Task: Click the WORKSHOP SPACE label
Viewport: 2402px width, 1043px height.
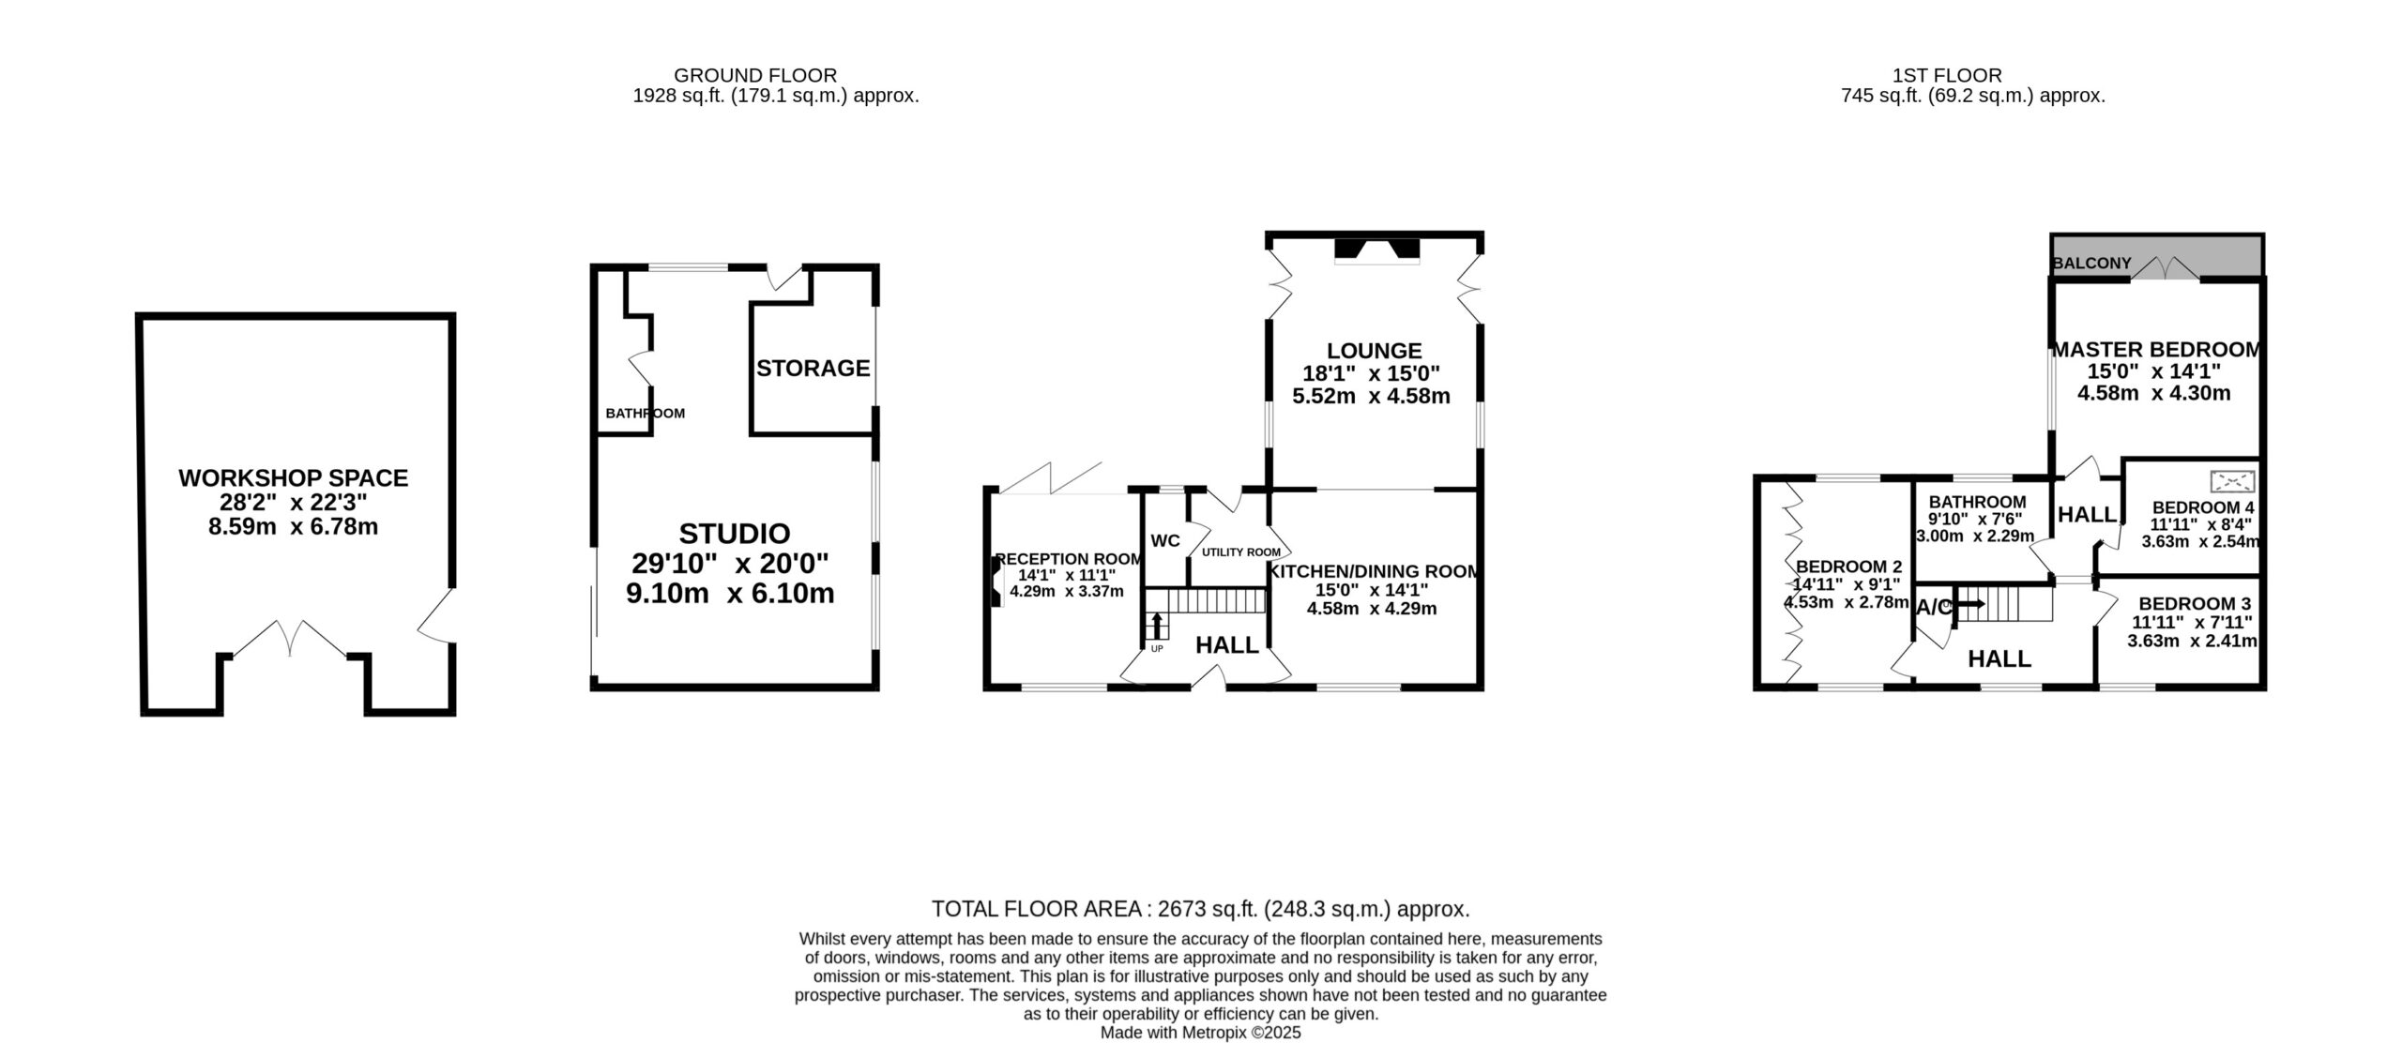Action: [293, 478]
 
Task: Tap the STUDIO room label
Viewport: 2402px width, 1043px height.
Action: [734, 534]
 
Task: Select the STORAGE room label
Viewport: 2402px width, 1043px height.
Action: [813, 369]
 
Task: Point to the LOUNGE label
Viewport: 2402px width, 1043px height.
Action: [1374, 351]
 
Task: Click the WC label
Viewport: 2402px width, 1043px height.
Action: [1164, 541]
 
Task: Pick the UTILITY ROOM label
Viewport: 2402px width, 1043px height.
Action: [1240, 552]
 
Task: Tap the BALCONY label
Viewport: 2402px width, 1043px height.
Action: [2091, 264]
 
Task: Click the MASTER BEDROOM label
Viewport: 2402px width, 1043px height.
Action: [2155, 350]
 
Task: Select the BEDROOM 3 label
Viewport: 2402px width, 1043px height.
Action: [2194, 604]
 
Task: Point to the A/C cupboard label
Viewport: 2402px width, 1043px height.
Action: [1934, 608]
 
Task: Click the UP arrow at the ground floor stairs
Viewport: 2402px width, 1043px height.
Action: [1156, 626]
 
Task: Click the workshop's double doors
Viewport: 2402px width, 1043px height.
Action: [290, 638]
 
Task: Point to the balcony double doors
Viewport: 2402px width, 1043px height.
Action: [2165, 267]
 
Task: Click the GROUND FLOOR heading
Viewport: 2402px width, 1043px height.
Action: [755, 75]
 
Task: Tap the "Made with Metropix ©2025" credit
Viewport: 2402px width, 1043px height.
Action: [1200, 1033]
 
